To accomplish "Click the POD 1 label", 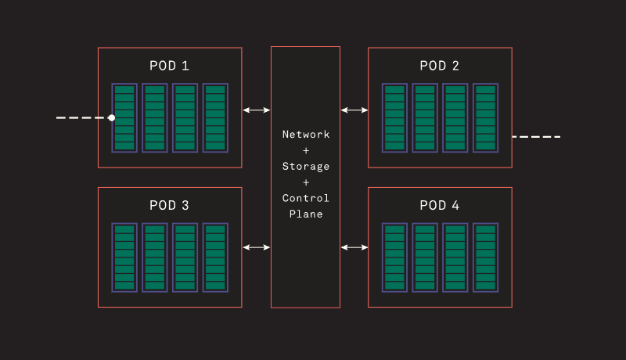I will pos(169,66).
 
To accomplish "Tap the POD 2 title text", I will pos(440,66).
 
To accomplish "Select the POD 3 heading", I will pos(169,206).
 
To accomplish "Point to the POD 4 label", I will pos(440,206).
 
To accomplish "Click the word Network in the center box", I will pos(306,135).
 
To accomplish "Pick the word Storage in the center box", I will pos(306,167).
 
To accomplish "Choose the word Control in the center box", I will pos(306,198).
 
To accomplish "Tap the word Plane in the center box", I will pos(306,214).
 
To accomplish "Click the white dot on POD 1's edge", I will pos(112,117).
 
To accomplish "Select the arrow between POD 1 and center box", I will pos(257,110).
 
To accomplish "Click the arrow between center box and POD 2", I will pos(354,110).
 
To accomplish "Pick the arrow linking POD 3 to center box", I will pos(257,247).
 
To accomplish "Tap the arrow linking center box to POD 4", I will pos(354,247).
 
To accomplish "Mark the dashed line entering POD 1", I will pos(81,117).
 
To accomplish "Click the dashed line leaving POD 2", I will pos(537,137).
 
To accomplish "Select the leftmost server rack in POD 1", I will pos(124,117).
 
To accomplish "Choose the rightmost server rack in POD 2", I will pos(485,117).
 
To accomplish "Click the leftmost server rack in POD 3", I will pos(124,258).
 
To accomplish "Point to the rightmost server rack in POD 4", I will pos(485,258).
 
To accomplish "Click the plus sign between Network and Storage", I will pos(306,150).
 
